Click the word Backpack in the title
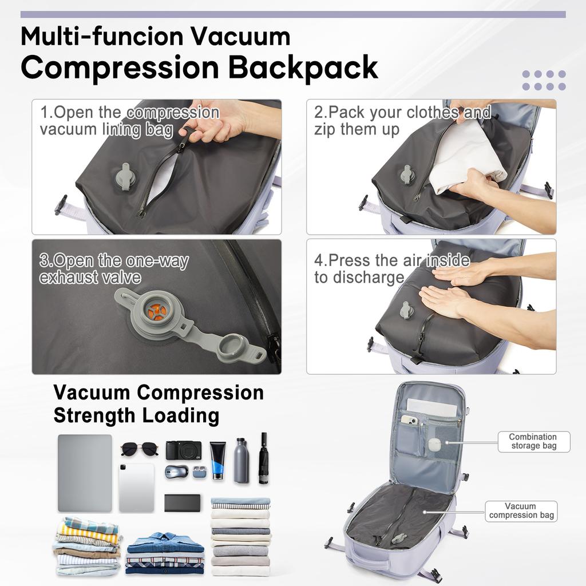click(303, 67)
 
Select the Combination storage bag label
click(533, 441)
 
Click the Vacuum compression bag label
click(521, 510)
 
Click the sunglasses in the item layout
click(139, 448)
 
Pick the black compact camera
click(183, 450)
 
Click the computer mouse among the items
click(176, 472)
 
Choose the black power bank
click(182, 502)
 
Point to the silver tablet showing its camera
click(136, 488)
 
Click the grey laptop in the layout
click(85, 473)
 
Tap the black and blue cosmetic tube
click(217, 460)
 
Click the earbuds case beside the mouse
click(199, 472)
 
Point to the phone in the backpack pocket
click(410, 420)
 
